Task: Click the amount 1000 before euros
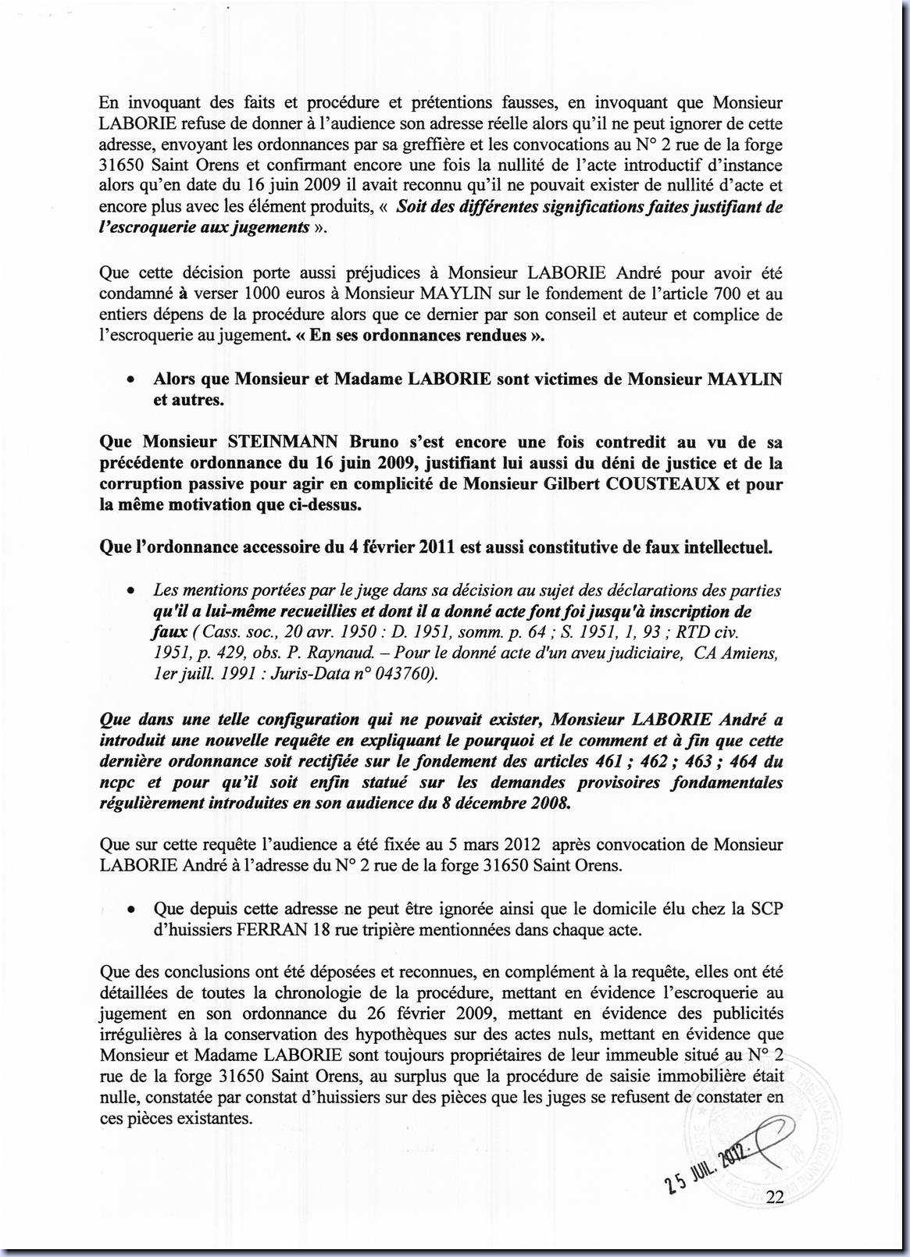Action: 265,294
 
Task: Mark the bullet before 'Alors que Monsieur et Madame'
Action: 133,380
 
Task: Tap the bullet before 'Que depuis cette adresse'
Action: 133,910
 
